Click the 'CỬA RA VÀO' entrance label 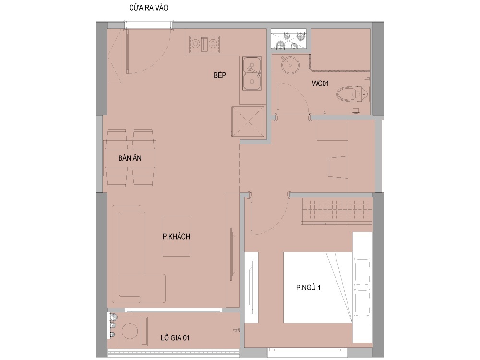(x=148, y=7)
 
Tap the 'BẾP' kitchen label (x=220, y=75)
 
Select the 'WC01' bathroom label (x=320, y=83)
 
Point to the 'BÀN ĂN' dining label (x=130, y=158)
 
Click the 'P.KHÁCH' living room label (x=176, y=236)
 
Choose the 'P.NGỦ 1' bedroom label (x=308, y=288)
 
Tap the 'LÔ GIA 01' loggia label (x=175, y=337)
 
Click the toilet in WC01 (x=353, y=94)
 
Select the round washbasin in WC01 (x=289, y=64)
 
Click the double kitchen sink (x=252, y=73)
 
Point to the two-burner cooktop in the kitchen (x=204, y=44)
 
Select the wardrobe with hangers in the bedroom (x=337, y=211)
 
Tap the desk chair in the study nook (x=338, y=167)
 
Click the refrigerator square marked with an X (x=248, y=121)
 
